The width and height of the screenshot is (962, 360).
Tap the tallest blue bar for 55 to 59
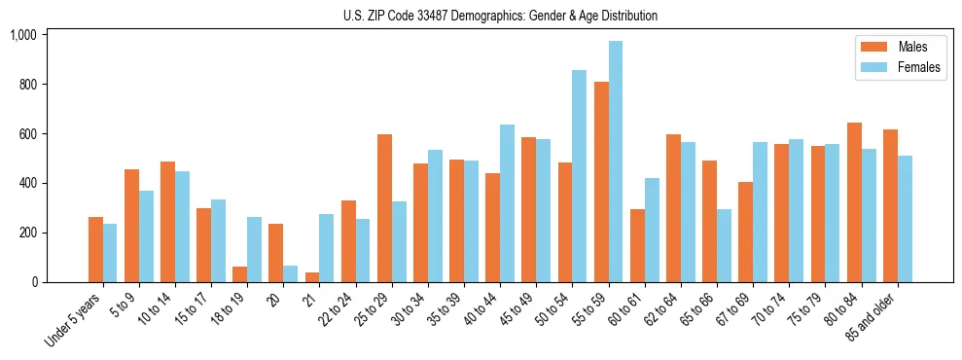[x=616, y=162]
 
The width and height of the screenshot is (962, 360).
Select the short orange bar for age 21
[x=312, y=277]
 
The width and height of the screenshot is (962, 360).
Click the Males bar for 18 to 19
[x=240, y=274]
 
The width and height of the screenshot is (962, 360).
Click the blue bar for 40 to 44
[x=508, y=203]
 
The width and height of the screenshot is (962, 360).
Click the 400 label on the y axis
[x=27, y=183]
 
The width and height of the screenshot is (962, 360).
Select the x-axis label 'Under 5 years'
[x=73, y=321]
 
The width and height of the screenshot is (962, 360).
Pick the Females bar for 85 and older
[x=905, y=219]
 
